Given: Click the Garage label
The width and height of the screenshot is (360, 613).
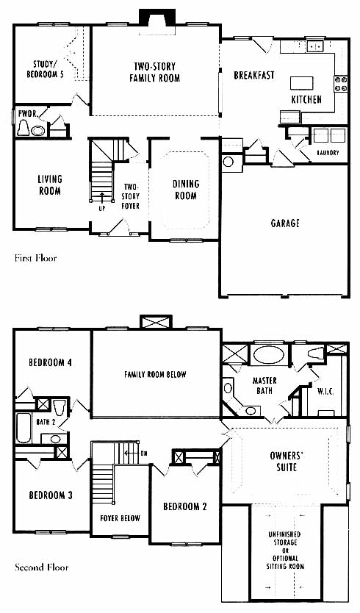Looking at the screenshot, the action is [285, 223].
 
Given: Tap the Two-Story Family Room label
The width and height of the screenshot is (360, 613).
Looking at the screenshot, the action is [155, 72].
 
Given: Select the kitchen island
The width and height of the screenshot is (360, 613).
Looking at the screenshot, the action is [301, 83].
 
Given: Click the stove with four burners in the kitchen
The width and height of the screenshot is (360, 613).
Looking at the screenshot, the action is [340, 84].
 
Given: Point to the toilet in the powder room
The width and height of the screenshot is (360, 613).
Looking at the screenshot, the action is [23, 128].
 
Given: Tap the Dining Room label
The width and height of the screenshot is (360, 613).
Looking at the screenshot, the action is [186, 190].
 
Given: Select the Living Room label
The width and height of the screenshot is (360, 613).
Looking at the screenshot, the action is [50, 185].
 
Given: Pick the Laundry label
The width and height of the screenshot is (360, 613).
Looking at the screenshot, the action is [328, 153].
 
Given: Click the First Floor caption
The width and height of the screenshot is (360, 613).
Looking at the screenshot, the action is [35, 258].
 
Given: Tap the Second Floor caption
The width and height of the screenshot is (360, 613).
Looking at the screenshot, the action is [41, 567].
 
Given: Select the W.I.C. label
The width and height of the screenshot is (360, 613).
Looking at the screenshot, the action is [325, 392].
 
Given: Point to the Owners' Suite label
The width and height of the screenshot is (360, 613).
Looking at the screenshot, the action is [287, 461].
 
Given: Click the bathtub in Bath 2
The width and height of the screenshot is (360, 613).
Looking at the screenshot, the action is [24, 428].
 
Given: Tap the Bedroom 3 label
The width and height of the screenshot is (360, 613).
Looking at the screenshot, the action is [51, 495].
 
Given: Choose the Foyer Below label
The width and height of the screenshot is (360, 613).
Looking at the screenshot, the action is [120, 518].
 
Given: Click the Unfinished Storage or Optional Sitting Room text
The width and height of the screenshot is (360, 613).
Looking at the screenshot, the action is [285, 550].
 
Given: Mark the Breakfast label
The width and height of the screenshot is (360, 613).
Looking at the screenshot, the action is [254, 75].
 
